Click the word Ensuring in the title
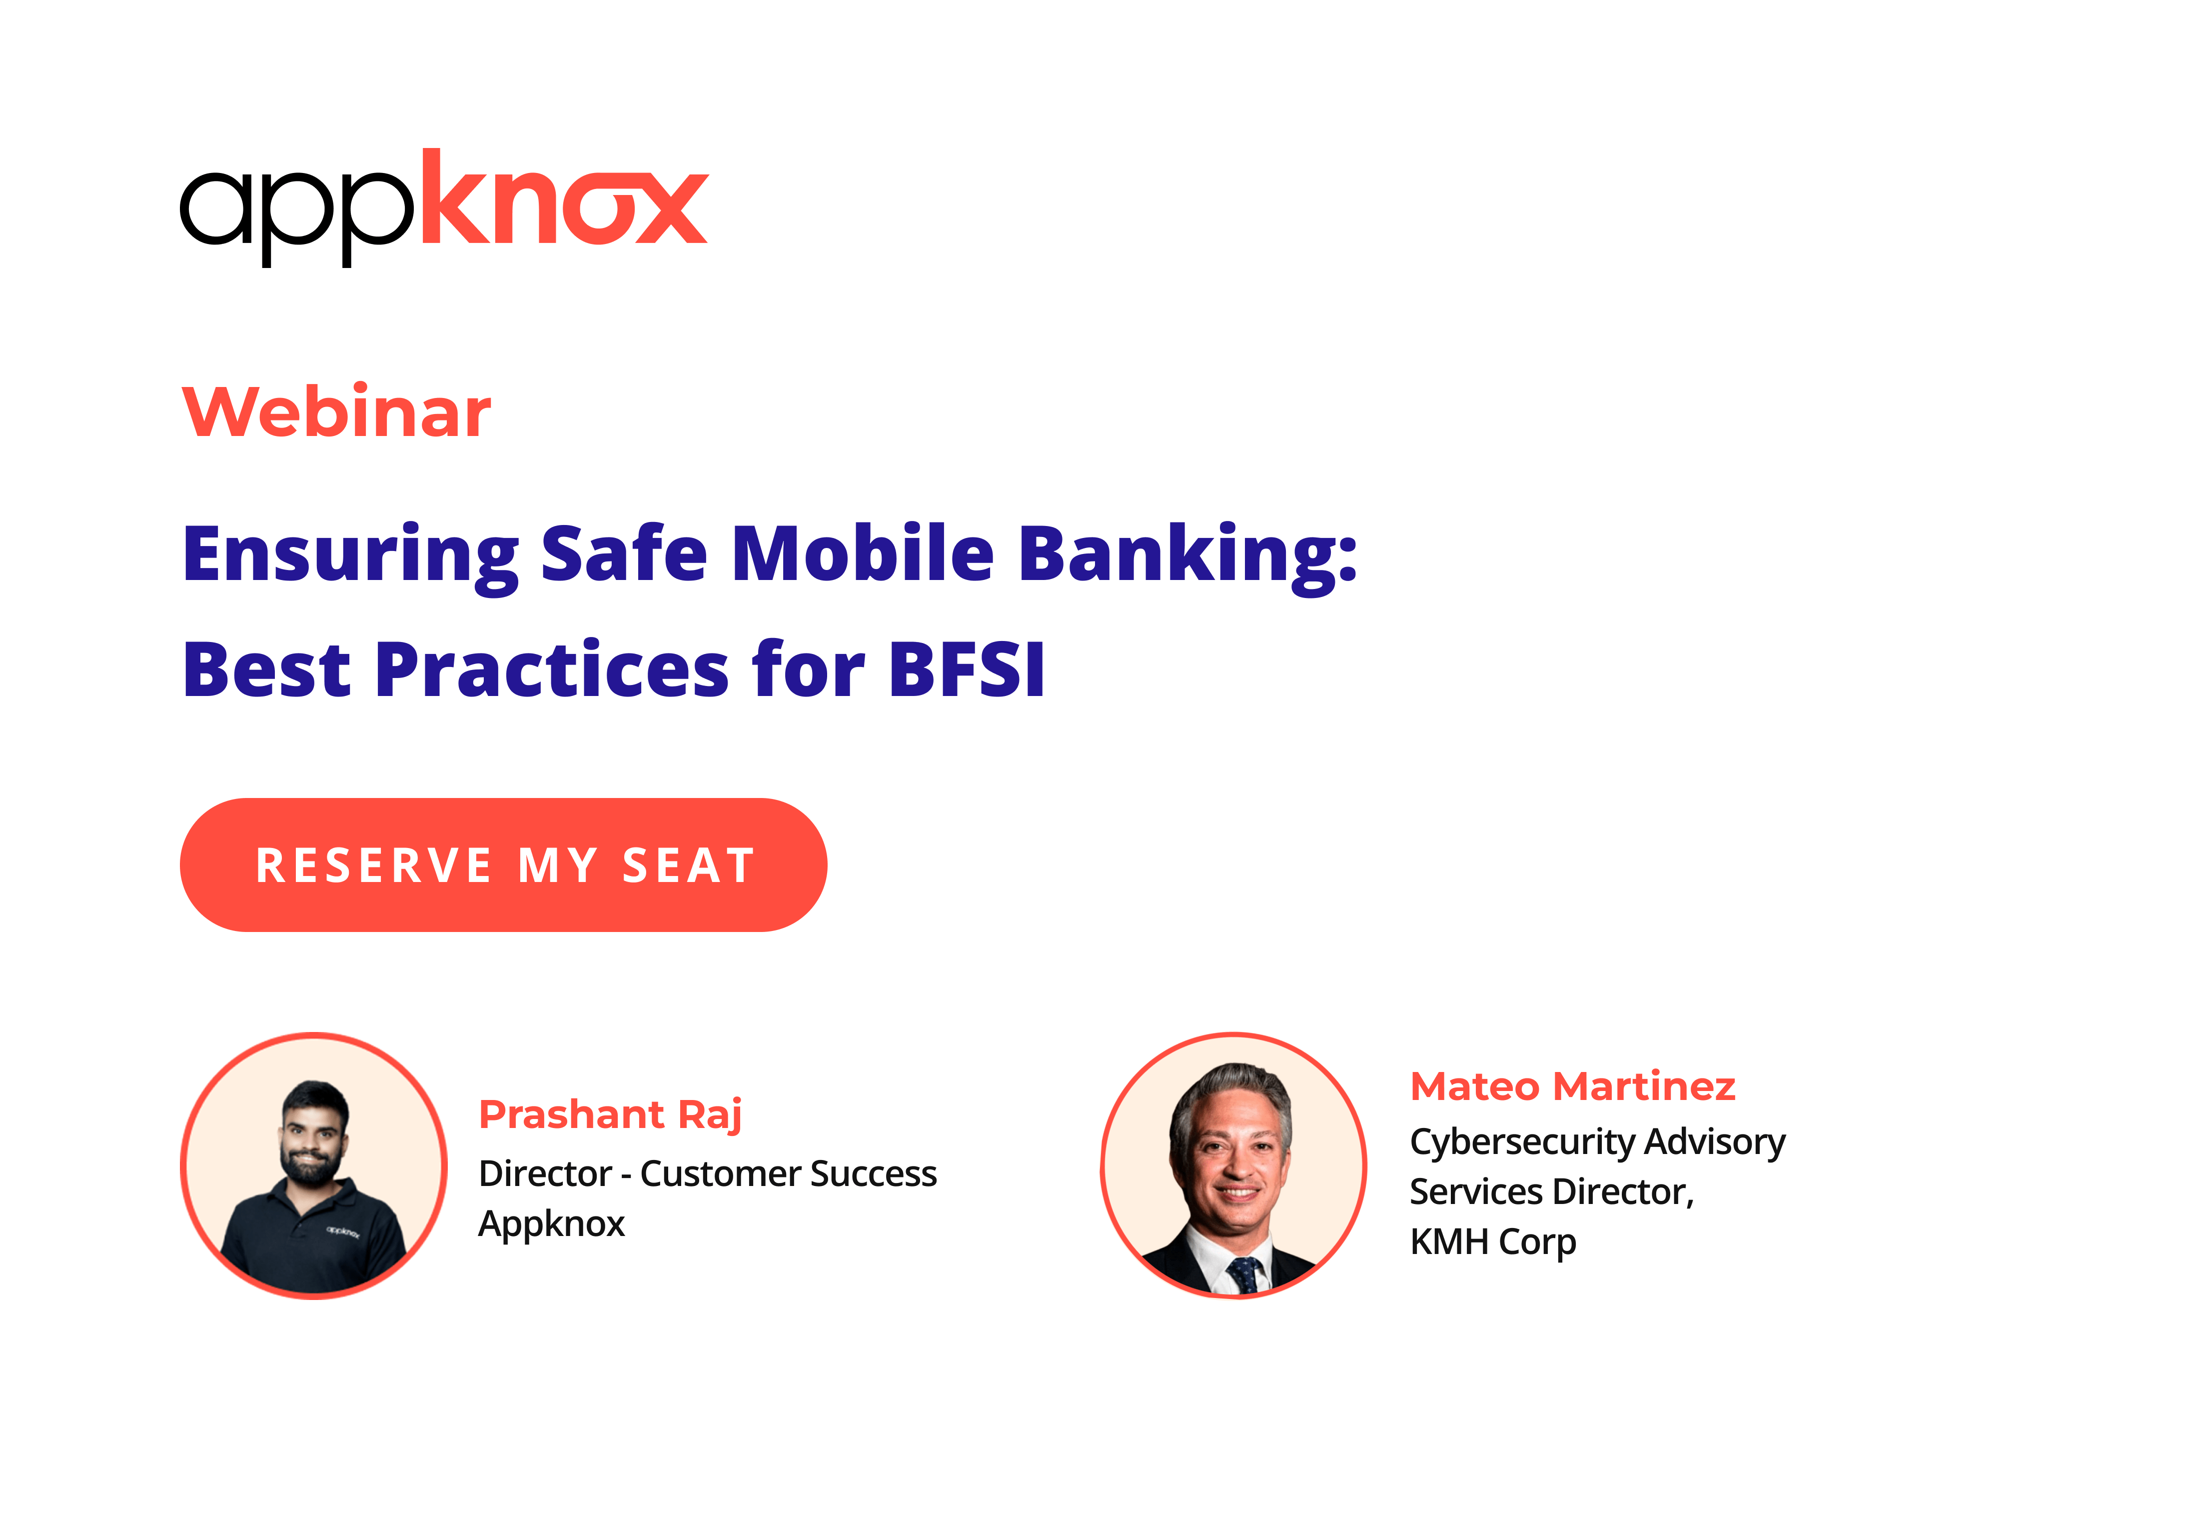pyautogui.click(x=350, y=554)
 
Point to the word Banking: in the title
pyautogui.click(x=1187, y=554)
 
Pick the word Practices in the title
pyautogui.click(x=553, y=669)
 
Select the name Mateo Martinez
pyautogui.click(x=1573, y=1086)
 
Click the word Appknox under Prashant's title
pyautogui.click(x=552, y=1224)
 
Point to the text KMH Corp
pyautogui.click(x=1492, y=1241)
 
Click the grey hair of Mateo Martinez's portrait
pyautogui.click(x=1233, y=1085)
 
